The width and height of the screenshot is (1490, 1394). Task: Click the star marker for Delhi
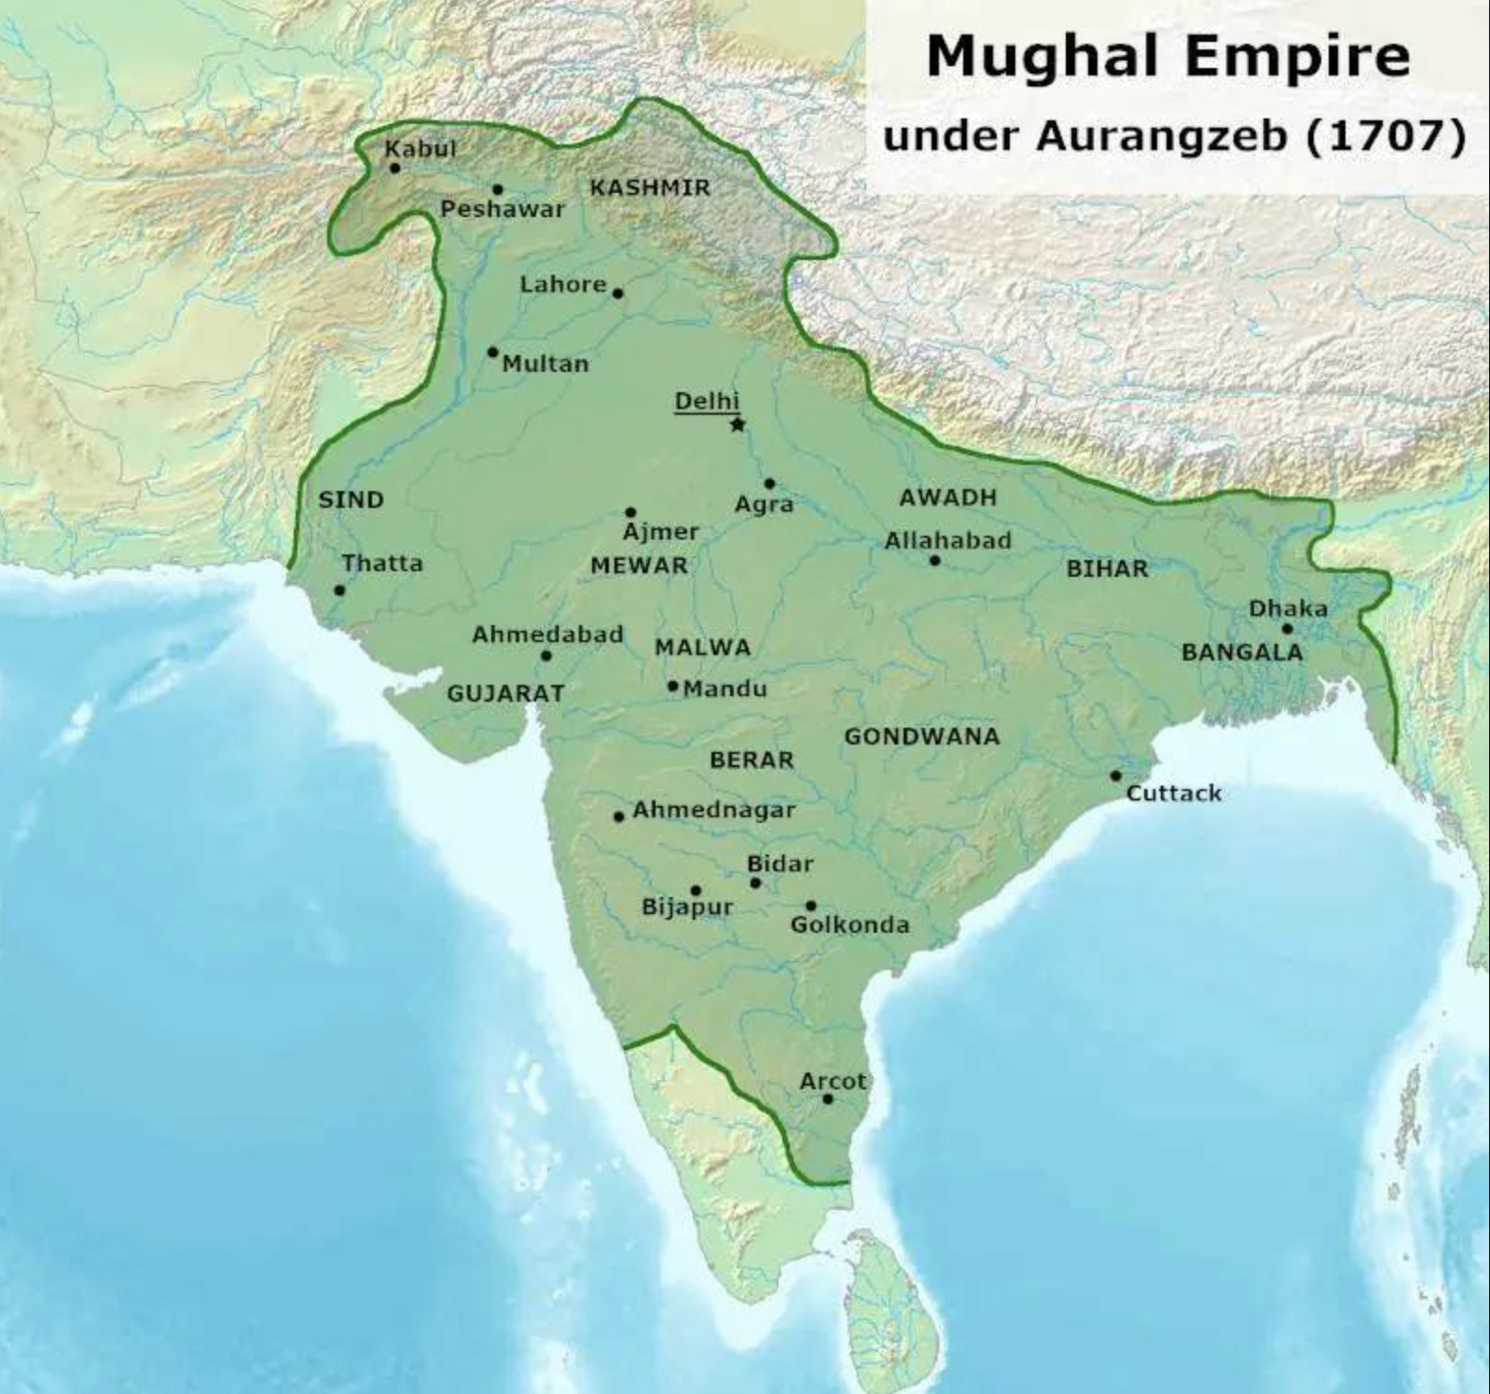pos(738,425)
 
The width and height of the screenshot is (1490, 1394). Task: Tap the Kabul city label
pos(421,148)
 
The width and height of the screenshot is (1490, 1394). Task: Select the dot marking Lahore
pos(617,294)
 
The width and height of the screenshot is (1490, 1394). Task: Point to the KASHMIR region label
pos(650,187)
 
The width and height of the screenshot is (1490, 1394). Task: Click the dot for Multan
pos(492,352)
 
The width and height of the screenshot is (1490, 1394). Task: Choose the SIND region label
pos(351,499)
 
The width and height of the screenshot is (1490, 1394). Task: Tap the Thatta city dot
pos(339,591)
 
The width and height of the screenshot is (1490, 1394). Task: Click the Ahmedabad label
pos(547,635)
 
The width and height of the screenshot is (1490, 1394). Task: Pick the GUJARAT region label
pos(505,693)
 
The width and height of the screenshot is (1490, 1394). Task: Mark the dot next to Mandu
pos(672,686)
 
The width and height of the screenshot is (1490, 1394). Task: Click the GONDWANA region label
pos(921,736)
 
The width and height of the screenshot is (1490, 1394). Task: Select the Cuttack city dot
pos(1115,776)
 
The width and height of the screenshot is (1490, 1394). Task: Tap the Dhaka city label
pos(1288,608)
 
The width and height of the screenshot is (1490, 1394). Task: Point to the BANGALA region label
pos(1242,652)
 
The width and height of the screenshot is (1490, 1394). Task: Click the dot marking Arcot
pos(828,1100)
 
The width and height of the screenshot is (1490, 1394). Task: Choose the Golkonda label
pos(849,924)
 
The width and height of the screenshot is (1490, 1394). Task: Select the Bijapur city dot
pos(696,891)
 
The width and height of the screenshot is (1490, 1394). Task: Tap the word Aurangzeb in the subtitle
pos(1166,137)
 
